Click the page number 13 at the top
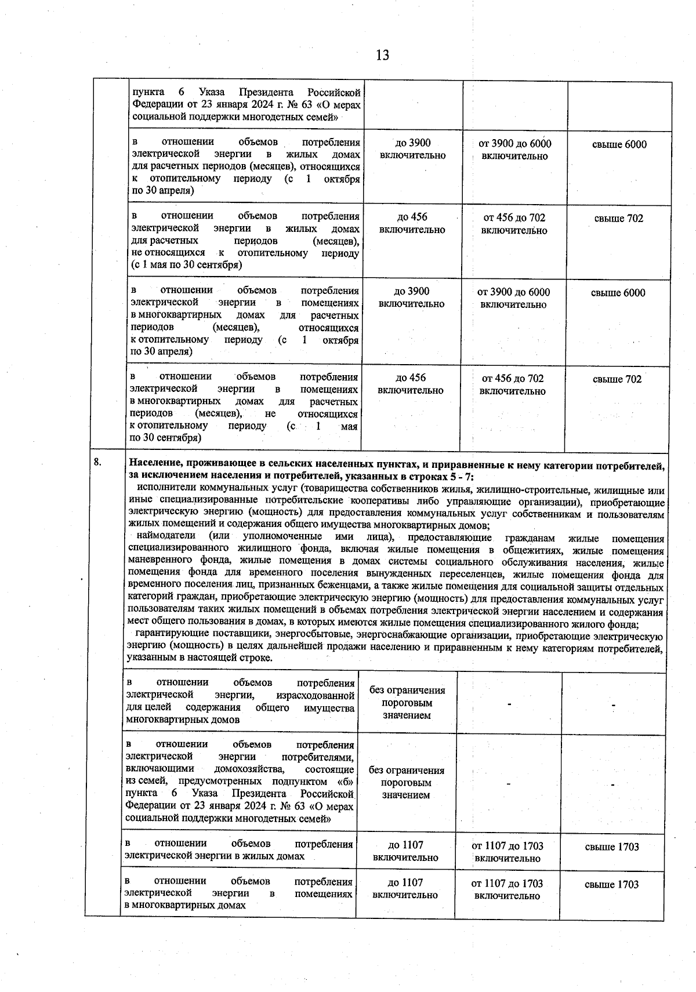click(x=382, y=55)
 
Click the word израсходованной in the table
click(x=316, y=695)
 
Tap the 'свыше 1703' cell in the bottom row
click(x=611, y=884)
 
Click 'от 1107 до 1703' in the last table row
click(x=507, y=884)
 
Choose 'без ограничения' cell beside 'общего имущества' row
click(x=407, y=690)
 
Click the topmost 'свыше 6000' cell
click(x=619, y=144)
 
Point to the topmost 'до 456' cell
click(x=412, y=217)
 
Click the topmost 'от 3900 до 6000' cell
click(x=514, y=144)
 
